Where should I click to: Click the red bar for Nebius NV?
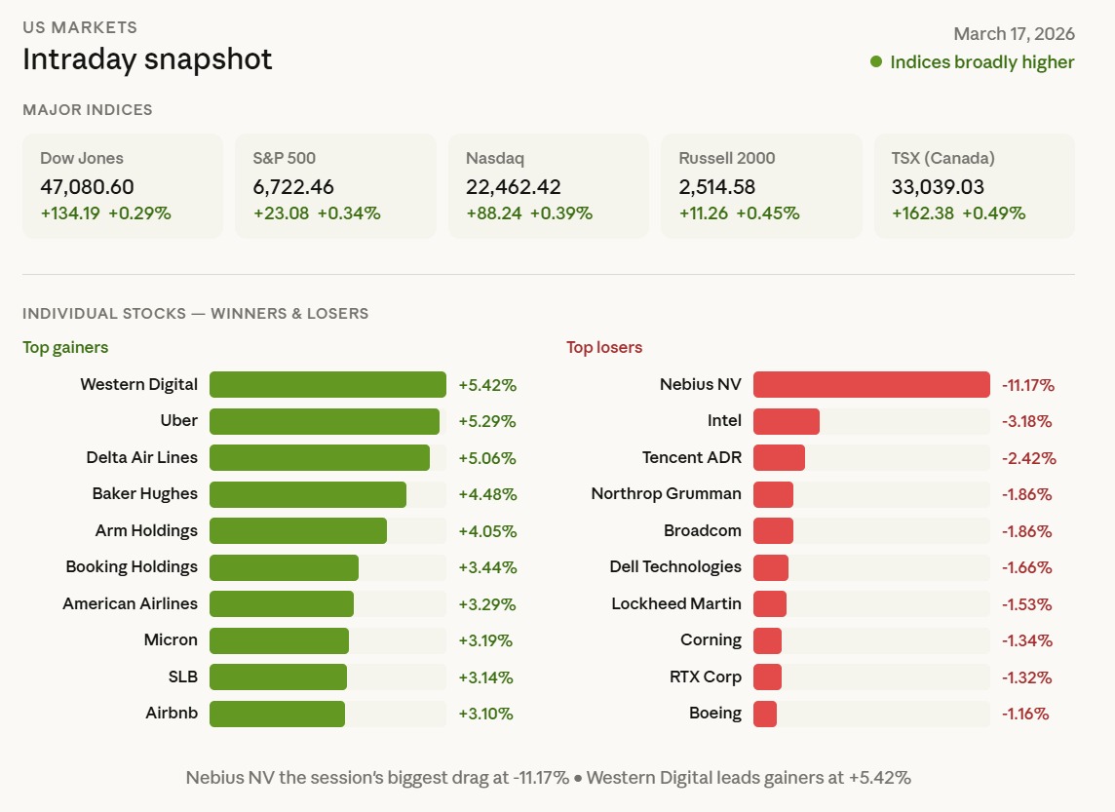pyautogui.click(x=871, y=384)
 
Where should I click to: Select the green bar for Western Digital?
pyautogui.click(x=327, y=384)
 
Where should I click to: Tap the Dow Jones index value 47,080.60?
pyautogui.click(x=88, y=187)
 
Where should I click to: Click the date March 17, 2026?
pyautogui.click(x=1014, y=34)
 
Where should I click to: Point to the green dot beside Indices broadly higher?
pyautogui.click(x=876, y=62)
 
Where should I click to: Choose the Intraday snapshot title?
pyautogui.click(x=147, y=59)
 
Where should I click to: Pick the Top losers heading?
pyautogui.click(x=604, y=347)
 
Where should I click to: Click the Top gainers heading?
pyautogui.click(x=65, y=347)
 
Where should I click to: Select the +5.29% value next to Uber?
pyautogui.click(x=487, y=421)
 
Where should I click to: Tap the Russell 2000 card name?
pyautogui.click(x=727, y=158)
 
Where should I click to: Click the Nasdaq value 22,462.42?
pyautogui.click(x=514, y=187)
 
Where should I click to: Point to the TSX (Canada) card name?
pyautogui.click(x=942, y=158)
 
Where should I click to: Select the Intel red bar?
pyautogui.click(x=787, y=421)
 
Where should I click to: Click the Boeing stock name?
pyautogui.click(x=715, y=714)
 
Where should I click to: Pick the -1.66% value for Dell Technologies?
pyautogui.click(x=1027, y=567)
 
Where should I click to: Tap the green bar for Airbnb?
pyautogui.click(x=277, y=714)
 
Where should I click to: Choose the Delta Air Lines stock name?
pyautogui.click(x=141, y=457)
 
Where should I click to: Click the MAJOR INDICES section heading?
pyautogui.click(x=88, y=110)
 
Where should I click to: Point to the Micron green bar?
pyautogui.click(x=279, y=640)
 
